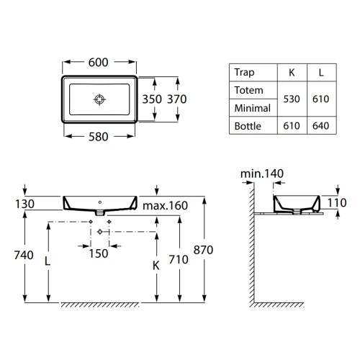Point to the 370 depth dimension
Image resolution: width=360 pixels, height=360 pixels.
176,99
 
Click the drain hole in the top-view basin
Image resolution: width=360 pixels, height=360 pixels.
99,99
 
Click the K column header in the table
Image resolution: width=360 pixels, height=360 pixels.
292,72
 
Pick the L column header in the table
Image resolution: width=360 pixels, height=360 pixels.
320,72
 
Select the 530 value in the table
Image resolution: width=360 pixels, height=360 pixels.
292,99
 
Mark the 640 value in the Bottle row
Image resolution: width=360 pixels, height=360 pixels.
320,125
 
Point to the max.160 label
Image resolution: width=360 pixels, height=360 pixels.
164,207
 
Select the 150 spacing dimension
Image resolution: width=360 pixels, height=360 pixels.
99,253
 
